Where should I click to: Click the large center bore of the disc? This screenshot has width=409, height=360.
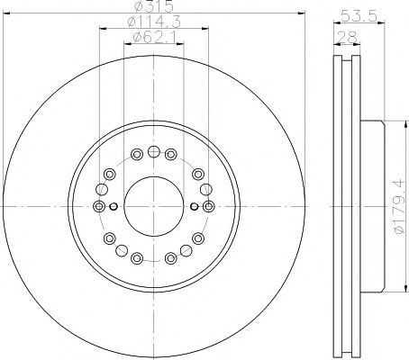point(152,206)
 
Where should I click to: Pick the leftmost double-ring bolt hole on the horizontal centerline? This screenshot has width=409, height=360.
point(98,206)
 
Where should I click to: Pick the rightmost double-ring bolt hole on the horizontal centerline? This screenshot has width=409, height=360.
point(207,206)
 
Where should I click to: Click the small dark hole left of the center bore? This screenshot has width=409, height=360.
point(115,206)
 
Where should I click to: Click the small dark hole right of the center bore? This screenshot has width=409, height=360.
point(190,206)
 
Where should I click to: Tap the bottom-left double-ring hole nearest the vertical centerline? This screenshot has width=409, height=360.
point(135,258)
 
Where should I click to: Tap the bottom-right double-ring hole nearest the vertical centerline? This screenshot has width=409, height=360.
point(170,258)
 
